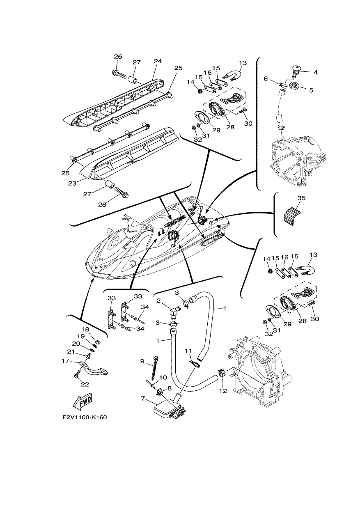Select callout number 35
[301, 198]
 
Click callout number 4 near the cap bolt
[315, 72]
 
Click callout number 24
[158, 61]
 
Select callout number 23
[72, 183]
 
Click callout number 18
[85, 330]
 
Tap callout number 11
[188, 351]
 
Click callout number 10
[163, 377]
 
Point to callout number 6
[266, 79]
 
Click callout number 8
[169, 388]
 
